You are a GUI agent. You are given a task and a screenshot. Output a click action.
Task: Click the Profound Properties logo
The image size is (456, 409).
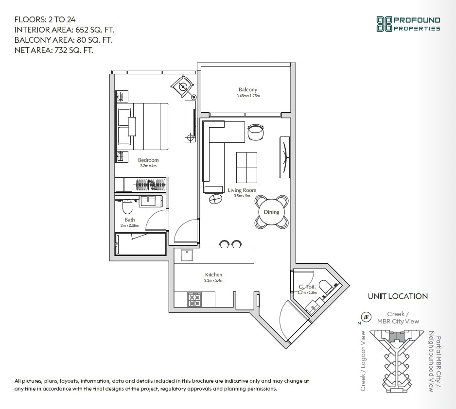click(408, 24)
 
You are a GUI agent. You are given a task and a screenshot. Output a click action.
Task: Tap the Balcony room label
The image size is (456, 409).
click(248, 90)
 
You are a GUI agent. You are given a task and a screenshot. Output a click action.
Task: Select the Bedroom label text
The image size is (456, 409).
click(148, 160)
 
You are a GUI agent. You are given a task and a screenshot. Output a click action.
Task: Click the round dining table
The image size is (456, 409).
click(272, 212)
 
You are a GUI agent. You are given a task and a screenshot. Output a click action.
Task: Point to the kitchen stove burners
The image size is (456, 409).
click(194, 300)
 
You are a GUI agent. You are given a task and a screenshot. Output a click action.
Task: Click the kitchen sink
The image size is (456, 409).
click(187, 256)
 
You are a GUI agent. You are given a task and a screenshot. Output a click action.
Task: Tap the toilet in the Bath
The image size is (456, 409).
click(127, 206)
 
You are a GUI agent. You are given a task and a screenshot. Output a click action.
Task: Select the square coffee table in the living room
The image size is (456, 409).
click(246, 167)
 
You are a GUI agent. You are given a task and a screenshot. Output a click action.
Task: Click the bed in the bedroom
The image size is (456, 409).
click(143, 126)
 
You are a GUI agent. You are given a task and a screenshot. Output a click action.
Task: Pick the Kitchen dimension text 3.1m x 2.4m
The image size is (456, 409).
click(214, 281)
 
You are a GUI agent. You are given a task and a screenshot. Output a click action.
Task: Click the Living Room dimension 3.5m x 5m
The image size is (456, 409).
click(242, 196)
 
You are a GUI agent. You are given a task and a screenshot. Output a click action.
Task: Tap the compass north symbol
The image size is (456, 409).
click(366, 317)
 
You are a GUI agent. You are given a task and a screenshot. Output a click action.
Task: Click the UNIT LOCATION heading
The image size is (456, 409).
click(398, 296)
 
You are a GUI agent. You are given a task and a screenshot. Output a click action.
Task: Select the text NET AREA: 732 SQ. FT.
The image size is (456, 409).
click(54, 50)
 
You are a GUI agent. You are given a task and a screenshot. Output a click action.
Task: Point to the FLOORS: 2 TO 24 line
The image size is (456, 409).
click(45, 20)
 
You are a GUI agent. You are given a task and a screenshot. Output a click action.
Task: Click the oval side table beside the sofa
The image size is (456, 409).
click(215, 199)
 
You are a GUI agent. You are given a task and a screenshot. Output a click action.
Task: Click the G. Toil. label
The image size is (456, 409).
click(307, 287)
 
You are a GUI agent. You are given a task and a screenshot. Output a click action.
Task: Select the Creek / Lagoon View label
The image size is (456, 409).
click(363, 361)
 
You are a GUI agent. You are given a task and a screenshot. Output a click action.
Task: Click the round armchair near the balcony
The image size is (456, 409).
click(256, 132)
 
